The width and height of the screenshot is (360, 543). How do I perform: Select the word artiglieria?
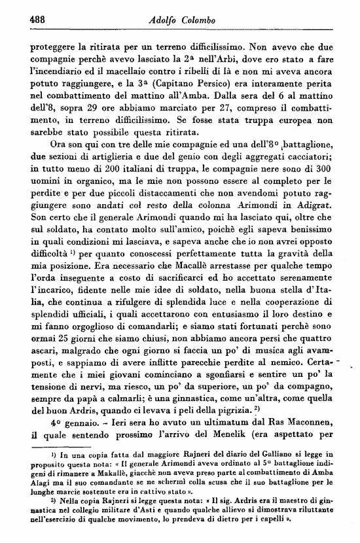pyautogui.click(x=110, y=155)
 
